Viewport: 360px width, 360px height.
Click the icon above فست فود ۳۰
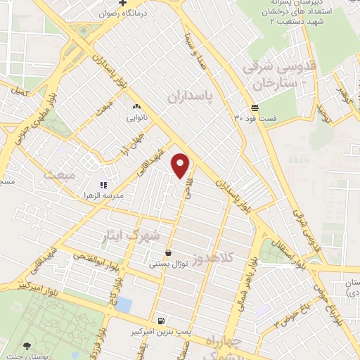pos(254,108)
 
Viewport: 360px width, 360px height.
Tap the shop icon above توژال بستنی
pos(168,252)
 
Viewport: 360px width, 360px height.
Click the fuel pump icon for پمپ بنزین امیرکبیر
pos(163,318)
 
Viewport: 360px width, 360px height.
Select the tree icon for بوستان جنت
pos(26,345)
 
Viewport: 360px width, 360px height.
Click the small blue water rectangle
pos(124,304)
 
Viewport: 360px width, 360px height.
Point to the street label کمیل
pos(20,93)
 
